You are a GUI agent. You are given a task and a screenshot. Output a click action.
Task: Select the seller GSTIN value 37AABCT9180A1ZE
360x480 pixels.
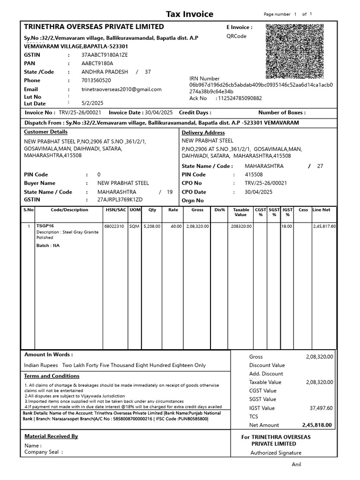click(105, 55)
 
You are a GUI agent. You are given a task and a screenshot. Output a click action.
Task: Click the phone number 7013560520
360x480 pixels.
click(97, 80)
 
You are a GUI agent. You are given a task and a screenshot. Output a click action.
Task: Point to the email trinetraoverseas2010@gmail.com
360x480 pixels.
click(121, 89)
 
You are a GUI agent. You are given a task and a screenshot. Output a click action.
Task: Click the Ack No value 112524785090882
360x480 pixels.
click(239, 98)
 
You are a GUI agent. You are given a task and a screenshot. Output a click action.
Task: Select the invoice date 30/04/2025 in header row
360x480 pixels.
click(159, 112)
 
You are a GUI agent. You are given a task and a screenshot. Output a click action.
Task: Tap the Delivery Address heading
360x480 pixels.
click(203, 133)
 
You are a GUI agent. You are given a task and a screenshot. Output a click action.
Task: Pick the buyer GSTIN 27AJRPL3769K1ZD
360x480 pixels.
click(120, 200)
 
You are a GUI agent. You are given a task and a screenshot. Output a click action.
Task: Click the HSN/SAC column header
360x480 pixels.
click(115, 210)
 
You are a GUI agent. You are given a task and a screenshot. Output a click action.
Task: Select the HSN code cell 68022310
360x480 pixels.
click(114, 226)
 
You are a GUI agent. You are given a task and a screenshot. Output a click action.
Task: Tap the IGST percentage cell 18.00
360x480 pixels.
click(286, 226)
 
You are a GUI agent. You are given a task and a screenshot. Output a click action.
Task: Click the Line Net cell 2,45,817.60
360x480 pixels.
click(324, 226)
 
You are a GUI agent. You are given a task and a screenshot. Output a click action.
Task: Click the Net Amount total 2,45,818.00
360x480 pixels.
click(317, 425)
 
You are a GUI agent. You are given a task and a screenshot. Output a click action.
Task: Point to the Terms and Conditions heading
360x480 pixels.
click(52, 376)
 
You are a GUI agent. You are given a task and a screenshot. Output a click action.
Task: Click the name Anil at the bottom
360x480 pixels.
click(297, 465)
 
